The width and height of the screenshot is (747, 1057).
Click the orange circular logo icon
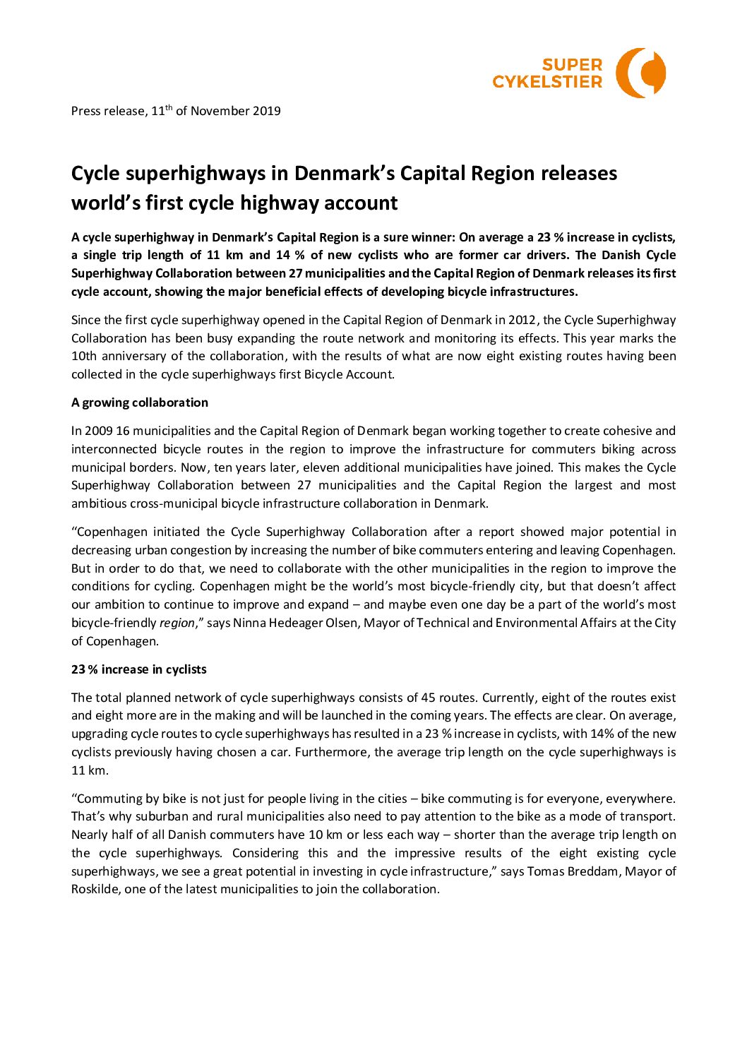(640, 73)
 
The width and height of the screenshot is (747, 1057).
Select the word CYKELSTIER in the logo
(547, 82)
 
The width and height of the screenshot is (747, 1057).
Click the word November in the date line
(220, 111)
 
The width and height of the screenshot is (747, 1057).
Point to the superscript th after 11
(169, 107)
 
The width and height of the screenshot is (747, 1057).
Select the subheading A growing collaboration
(140, 402)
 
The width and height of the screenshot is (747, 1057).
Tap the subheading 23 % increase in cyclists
(139, 669)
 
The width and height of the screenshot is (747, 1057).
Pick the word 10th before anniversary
(84, 356)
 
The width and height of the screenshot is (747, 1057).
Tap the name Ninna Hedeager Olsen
(296, 623)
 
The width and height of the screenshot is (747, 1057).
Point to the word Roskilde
(95, 889)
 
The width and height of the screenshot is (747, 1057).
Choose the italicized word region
(177, 623)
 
